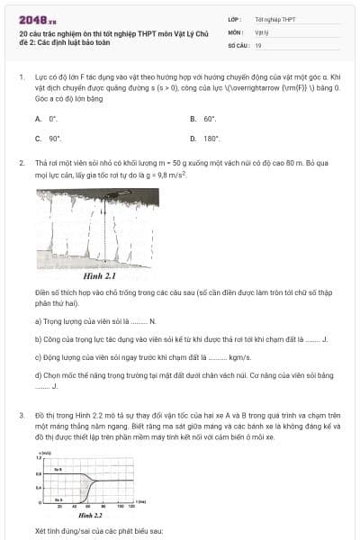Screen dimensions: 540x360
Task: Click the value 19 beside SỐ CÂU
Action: coord(258,44)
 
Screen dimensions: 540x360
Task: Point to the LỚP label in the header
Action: coord(234,18)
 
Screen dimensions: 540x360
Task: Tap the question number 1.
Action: coord(21,78)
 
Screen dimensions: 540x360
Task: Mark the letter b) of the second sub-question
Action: coord(38,338)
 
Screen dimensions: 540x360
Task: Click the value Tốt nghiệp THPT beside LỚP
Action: coord(274,18)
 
